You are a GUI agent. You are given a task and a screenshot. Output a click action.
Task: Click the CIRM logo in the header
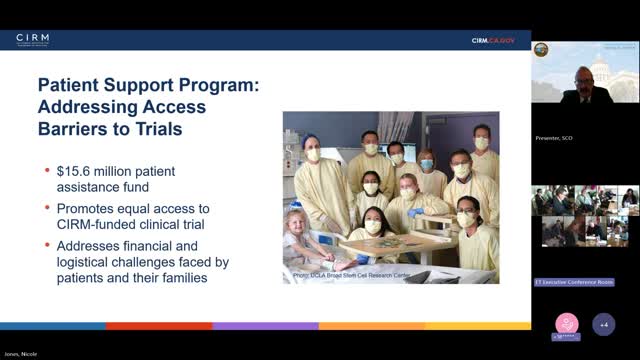pos(32,40)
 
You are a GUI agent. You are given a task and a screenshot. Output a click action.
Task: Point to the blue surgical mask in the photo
pos(427,164)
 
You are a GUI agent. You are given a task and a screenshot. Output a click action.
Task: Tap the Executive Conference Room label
pos(575,282)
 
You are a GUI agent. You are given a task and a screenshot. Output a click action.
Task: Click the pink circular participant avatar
pos(567,326)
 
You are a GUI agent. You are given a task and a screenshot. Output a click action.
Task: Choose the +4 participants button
pos(603,326)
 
